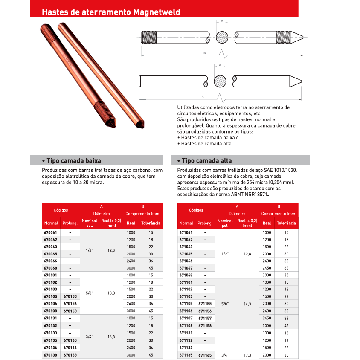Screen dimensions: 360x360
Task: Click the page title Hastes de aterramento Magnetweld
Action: tap(111, 12)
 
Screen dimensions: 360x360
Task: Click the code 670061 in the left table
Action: tap(50, 232)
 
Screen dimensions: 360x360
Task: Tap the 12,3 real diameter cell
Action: tap(111, 250)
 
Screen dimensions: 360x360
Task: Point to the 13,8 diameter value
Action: tap(111, 293)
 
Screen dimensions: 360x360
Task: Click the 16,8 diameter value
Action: tap(111, 337)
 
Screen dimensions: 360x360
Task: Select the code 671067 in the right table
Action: tap(186, 268)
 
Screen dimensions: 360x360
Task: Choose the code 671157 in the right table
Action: tap(205, 318)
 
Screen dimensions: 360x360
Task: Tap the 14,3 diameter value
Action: tap(247, 304)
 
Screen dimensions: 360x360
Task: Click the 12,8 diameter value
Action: tap(247, 254)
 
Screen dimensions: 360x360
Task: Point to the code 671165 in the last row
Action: tap(205, 355)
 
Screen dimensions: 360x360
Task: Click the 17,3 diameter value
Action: tap(247, 355)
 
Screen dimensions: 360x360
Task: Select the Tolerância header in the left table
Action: tap(151, 223)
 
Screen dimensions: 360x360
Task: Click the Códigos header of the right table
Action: tap(196, 210)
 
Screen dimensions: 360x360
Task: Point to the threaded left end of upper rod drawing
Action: tap(147, 37)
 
